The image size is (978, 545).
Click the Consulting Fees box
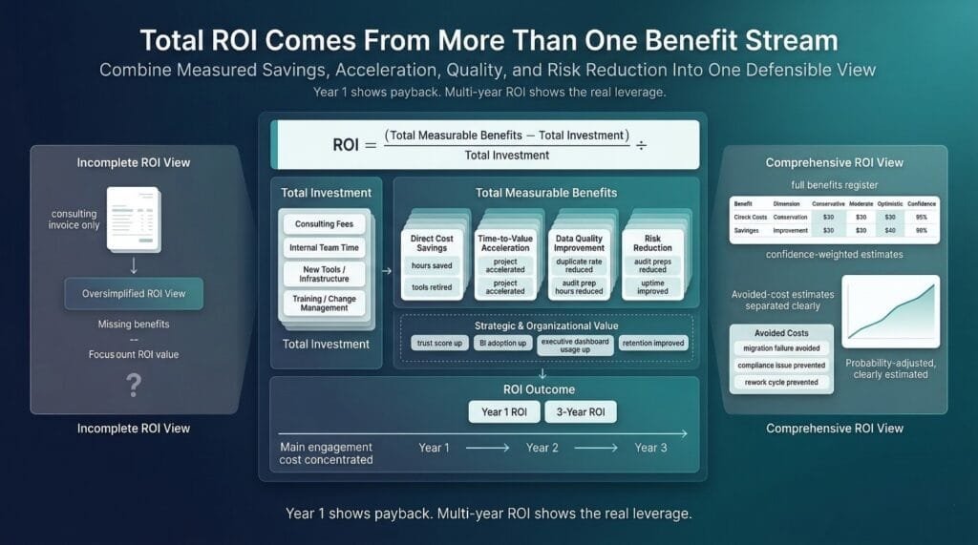coord(324,224)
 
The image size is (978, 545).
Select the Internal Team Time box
coord(324,248)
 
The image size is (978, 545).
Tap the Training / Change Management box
coord(324,304)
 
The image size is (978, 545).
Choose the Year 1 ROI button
coord(503,412)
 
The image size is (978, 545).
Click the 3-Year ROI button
coord(581,412)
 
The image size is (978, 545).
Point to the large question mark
coord(134,385)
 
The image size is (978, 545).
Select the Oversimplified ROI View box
coord(134,294)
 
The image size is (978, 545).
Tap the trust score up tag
coord(438,343)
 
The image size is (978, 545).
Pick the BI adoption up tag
coord(500,343)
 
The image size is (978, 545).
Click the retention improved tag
coord(653,343)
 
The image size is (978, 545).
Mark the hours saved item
coord(432,265)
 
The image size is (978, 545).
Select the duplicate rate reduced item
coord(579,265)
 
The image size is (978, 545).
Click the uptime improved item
coord(653,287)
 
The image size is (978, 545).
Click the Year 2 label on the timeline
coord(542,448)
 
